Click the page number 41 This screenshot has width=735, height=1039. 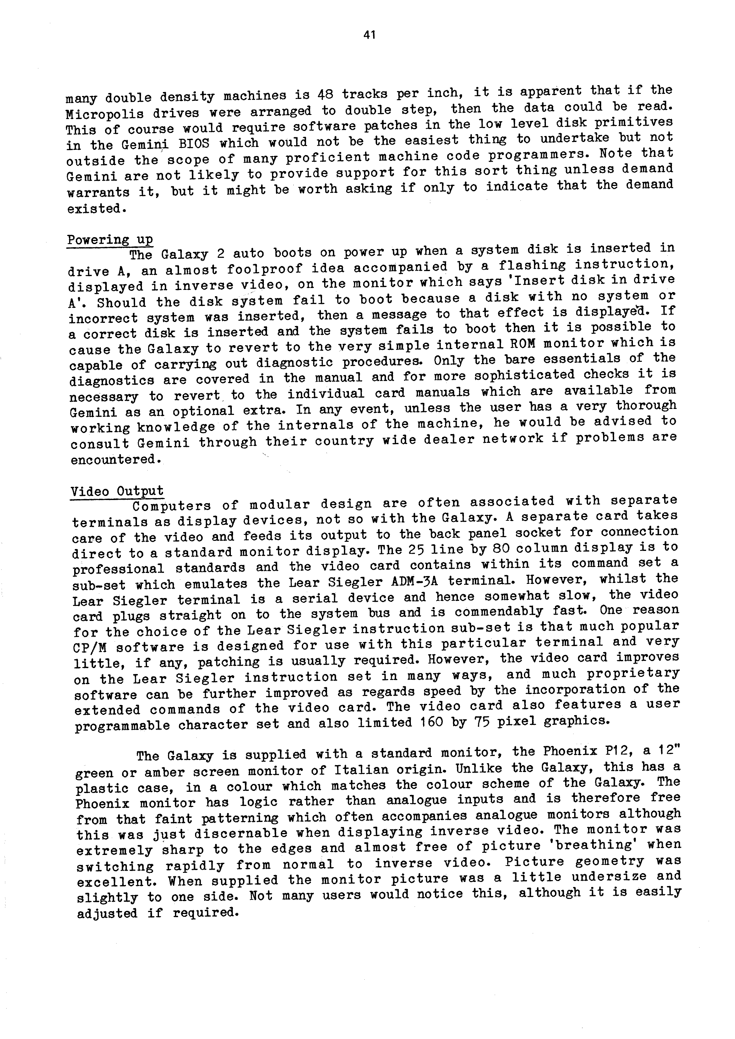[369, 35]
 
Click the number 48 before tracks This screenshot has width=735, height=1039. [325, 94]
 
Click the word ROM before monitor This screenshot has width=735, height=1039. [523, 344]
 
